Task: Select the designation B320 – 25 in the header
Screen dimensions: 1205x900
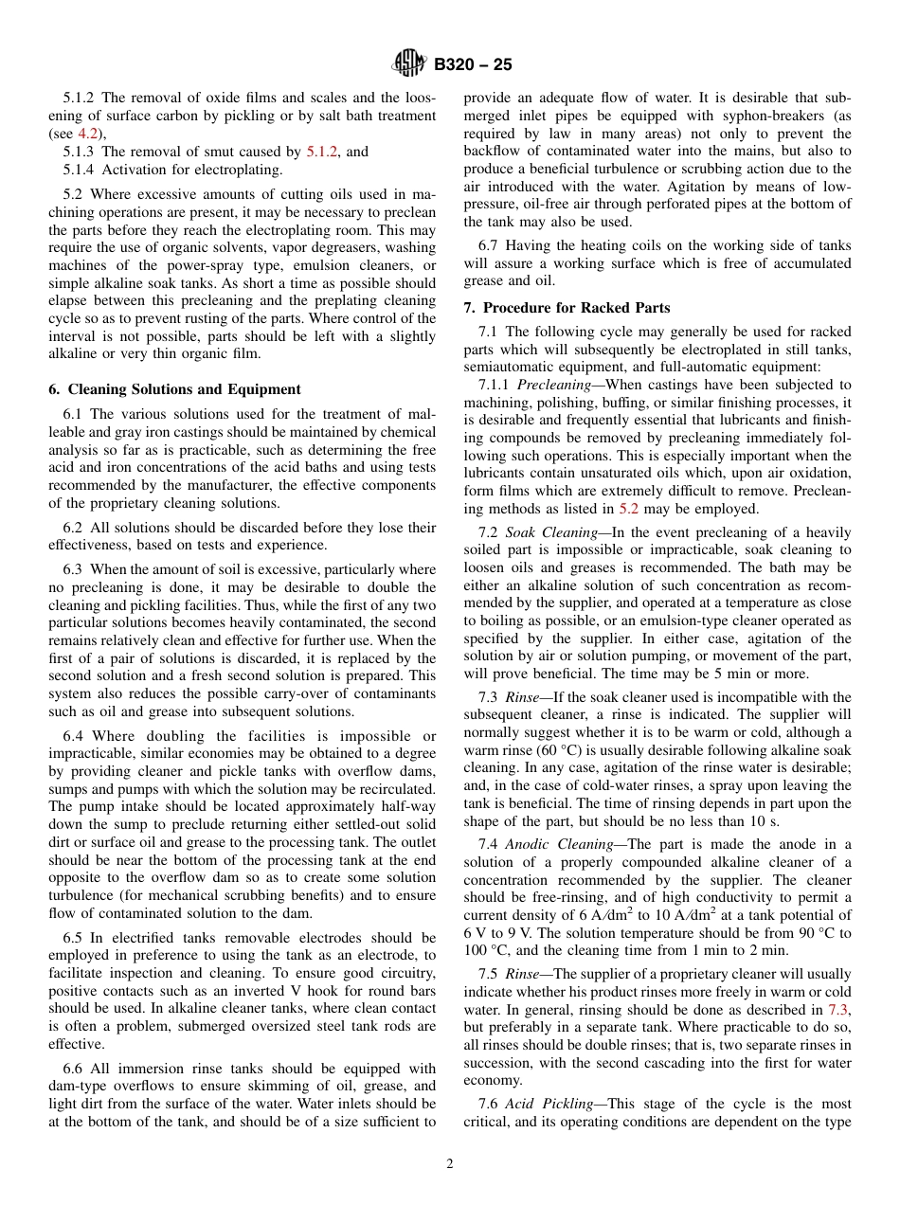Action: point(473,65)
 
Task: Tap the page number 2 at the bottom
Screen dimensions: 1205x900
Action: point(450,1164)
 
